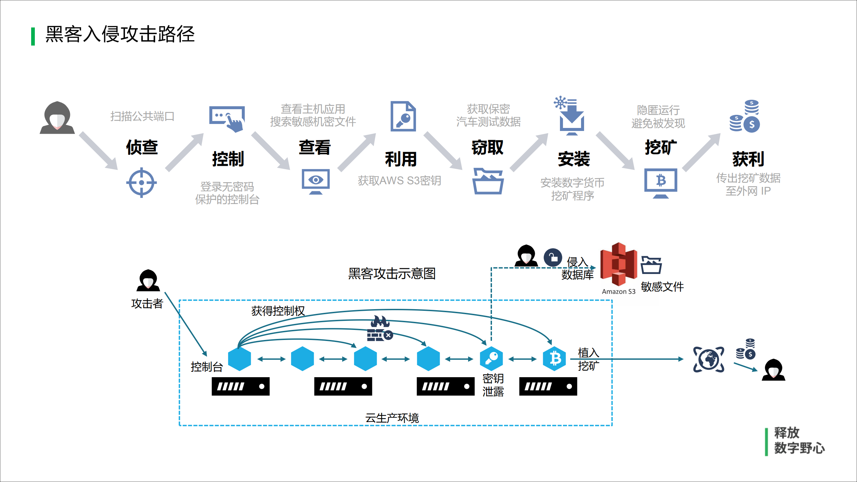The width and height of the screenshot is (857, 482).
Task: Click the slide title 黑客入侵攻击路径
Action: tap(120, 34)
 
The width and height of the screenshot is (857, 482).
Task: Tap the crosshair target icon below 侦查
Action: tap(141, 183)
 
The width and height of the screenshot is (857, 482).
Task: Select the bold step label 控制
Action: tap(228, 159)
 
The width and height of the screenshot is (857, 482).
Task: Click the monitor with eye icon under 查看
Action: tap(315, 181)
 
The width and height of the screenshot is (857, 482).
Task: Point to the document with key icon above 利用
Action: tap(403, 116)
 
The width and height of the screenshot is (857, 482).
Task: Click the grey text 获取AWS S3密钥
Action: tap(399, 181)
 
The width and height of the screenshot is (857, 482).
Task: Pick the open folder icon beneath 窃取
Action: tap(488, 181)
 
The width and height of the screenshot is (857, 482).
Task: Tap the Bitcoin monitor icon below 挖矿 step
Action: tap(660, 183)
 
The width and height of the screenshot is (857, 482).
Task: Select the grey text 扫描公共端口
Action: tap(142, 116)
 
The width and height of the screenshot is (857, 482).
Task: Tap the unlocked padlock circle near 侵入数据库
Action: tap(553, 257)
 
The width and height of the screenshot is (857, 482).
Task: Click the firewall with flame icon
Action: tap(379, 329)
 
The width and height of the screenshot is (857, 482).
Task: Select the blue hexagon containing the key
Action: tap(491, 358)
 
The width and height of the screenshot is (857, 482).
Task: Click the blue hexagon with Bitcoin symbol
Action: tap(554, 358)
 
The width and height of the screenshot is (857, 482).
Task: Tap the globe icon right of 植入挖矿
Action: tap(708, 359)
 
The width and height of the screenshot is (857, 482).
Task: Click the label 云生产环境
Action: tap(392, 418)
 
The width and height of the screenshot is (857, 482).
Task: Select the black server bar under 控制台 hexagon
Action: tap(240, 386)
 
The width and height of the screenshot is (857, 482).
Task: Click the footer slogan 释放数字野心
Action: tap(798, 440)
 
